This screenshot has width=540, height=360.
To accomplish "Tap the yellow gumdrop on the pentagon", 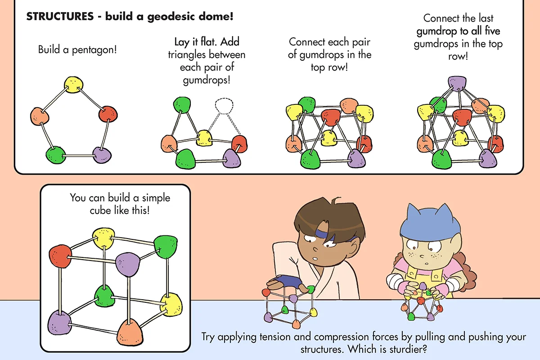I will (73, 84).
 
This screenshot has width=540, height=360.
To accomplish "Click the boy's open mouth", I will (317, 258).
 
